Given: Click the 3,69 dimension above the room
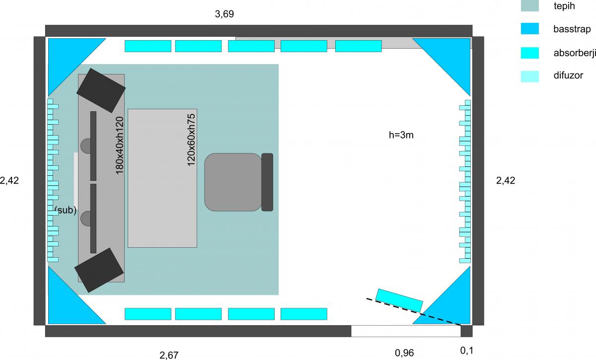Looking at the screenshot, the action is [224, 14].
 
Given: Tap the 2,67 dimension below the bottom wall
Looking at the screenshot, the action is [169, 355].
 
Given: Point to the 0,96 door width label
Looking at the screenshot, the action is [404, 353].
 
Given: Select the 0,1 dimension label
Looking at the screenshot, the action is [467, 351].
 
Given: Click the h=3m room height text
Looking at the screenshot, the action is [401, 135].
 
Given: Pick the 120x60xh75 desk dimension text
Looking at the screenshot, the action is [191, 140].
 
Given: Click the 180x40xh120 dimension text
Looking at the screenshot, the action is [120, 145].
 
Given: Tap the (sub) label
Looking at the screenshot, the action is [66, 210].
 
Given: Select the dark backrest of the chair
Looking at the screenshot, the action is [267, 182].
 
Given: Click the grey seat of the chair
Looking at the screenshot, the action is [233, 182].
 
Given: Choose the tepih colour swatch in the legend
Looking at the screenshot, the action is [530, 5].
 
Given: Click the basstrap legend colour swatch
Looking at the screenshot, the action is [530, 28].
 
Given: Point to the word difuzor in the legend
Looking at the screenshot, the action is [568, 75].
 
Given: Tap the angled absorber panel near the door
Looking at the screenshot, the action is [399, 300].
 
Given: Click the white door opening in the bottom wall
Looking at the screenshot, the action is [406, 331].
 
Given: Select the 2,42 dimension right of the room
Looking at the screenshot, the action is [506, 181].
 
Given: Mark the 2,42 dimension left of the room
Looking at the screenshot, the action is [9, 181].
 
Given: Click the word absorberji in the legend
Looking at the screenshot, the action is [575, 53].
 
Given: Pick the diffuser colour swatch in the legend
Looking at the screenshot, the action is [530, 76].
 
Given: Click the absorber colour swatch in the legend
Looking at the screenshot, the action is [530, 53].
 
